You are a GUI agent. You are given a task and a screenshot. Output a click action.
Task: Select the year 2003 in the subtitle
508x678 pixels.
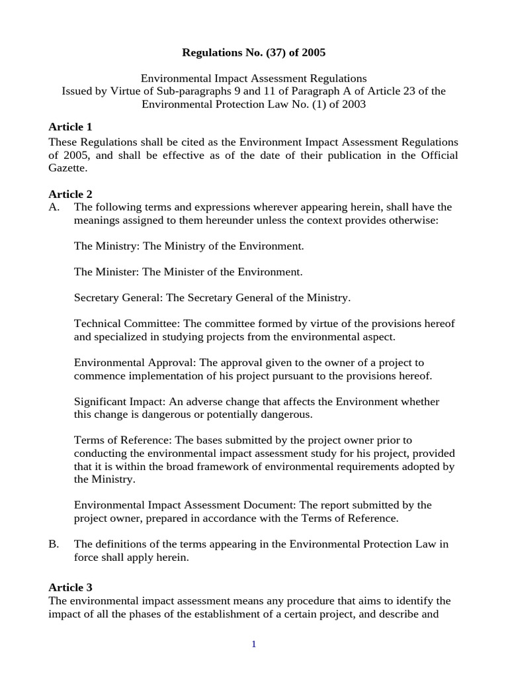click(352, 104)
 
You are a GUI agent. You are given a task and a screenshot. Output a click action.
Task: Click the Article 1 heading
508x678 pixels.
click(70, 126)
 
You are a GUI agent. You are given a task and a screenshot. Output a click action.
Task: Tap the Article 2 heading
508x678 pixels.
click(70, 194)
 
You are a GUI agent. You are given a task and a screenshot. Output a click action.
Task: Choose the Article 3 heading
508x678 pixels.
click(70, 587)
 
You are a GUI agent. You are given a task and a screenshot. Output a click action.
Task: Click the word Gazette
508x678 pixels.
click(67, 168)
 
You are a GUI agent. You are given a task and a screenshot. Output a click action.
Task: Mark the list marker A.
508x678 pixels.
click(54, 207)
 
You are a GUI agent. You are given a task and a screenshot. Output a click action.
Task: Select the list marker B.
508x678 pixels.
click(54, 544)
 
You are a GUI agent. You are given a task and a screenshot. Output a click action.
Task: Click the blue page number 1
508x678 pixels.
click(253, 644)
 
